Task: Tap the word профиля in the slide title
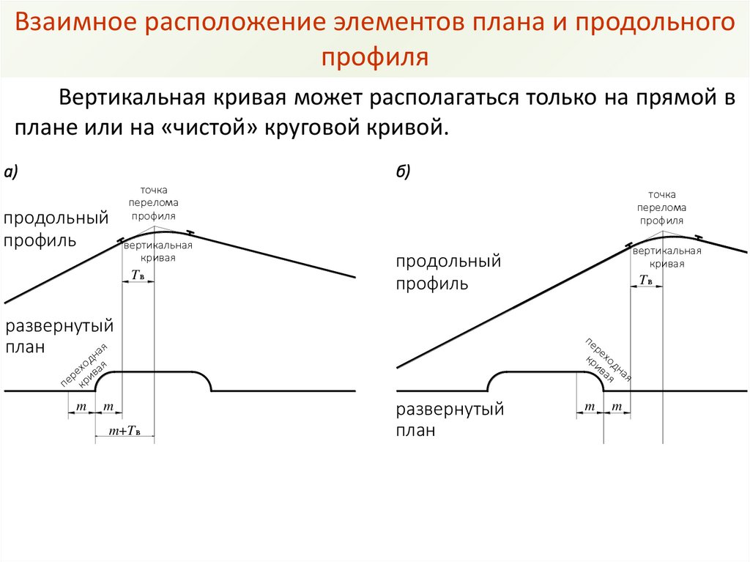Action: click(x=374, y=56)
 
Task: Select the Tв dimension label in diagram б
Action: click(x=646, y=280)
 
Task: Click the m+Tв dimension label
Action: click(x=126, y=431)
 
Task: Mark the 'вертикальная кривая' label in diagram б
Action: click(x=667, y=257)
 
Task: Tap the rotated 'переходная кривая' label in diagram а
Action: click(x=85, y=364)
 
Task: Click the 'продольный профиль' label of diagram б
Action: click(x=448, y=272)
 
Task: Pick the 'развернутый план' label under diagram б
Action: click(x=450, y=420)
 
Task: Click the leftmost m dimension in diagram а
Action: click(x=81, y=406)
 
